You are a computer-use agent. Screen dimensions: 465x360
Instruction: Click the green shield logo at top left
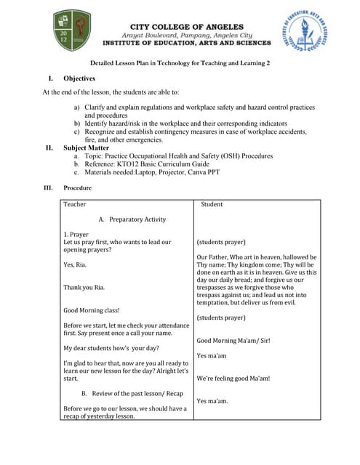pos(73,31)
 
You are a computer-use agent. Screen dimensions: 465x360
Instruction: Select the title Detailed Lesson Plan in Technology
pos(180,63)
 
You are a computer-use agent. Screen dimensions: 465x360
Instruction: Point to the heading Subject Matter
pos(85,147)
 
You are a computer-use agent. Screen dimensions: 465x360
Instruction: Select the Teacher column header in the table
pos(74,204)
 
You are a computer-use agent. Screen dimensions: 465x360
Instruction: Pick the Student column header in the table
pos(211,204)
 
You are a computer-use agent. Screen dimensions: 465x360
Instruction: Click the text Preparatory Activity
pos(137,219)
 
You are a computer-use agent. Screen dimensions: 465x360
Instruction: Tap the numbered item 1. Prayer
pos(76,235)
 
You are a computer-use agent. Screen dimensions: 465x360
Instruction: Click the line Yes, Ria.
pos(75,264)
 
